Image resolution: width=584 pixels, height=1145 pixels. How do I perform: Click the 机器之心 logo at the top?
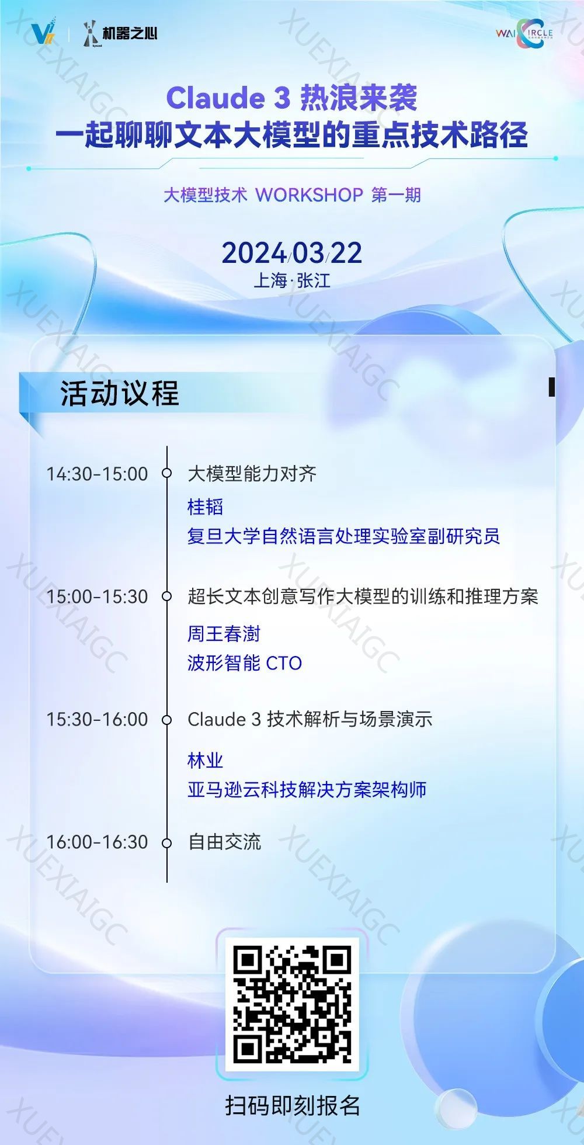120,33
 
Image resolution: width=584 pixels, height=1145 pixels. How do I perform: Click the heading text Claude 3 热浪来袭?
292,98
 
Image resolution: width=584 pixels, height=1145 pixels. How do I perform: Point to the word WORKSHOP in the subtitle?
310,195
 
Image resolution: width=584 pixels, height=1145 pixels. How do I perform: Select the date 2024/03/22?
292,253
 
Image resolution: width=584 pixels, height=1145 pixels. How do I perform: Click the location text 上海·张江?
292,280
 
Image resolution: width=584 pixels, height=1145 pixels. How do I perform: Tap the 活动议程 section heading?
120,393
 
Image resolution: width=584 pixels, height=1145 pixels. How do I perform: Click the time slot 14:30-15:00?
98,473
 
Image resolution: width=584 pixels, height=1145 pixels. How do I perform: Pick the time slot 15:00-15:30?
98,596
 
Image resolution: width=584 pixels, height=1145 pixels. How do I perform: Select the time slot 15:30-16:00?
98,719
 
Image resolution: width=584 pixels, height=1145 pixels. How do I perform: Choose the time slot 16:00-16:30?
98,841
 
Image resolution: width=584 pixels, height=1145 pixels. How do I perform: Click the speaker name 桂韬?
206,506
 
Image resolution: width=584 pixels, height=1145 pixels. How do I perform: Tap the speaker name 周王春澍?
224,634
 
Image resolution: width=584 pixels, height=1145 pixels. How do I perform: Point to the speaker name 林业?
206,760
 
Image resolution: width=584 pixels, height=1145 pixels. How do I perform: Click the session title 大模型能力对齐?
252,473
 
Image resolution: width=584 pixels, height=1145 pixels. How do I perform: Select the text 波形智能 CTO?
245,663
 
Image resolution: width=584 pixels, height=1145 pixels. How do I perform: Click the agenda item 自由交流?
224,841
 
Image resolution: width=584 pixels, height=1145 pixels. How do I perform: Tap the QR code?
292,1004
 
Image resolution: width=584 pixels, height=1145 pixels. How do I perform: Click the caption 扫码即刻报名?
293,1105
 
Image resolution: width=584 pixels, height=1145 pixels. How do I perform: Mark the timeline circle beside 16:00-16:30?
167,842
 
